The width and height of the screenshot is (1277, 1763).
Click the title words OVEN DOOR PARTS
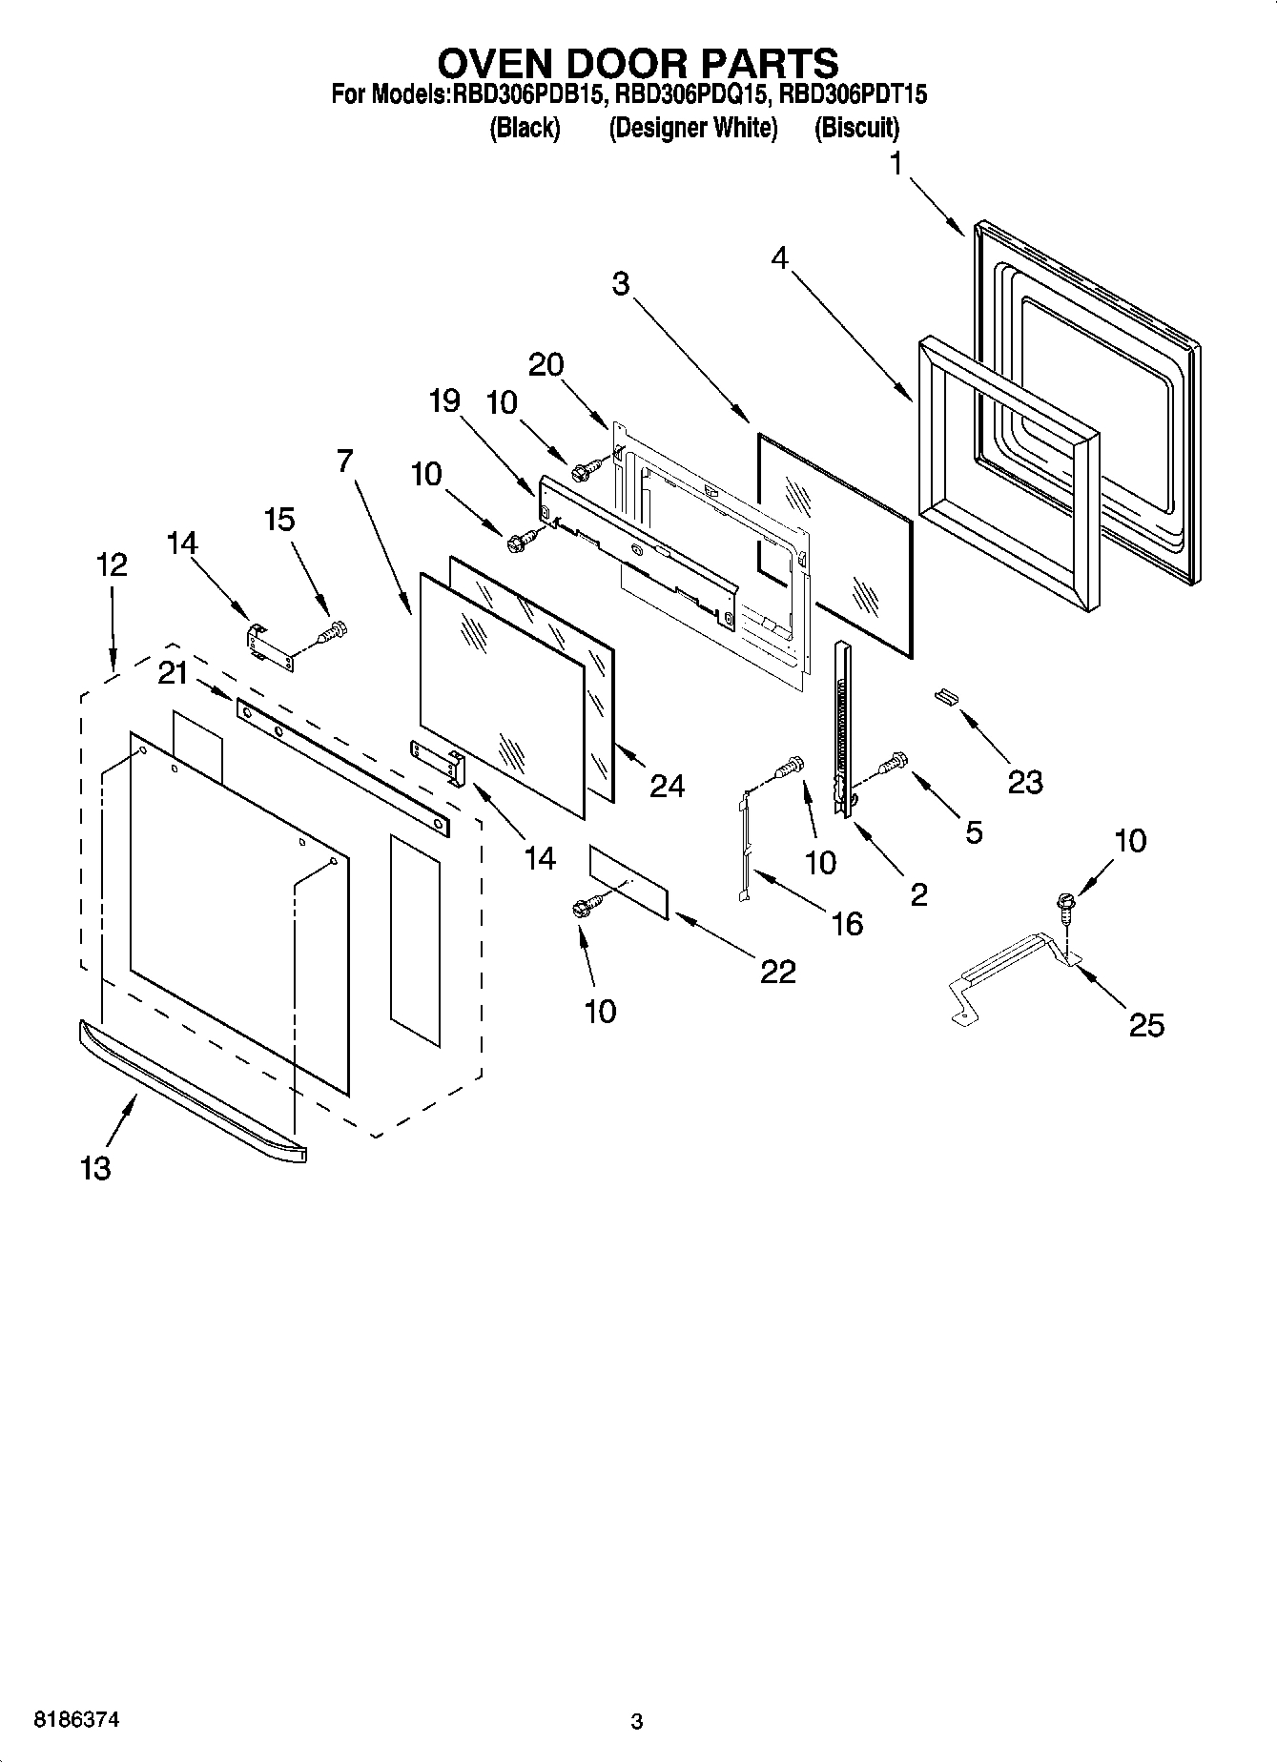coord(637,63)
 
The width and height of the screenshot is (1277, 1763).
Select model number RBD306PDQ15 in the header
coord(691,95)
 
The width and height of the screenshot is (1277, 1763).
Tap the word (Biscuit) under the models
coord(855,128)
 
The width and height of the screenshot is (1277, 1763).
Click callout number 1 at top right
coord(895,165)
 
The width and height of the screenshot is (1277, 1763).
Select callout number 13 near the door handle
coord(96,1167)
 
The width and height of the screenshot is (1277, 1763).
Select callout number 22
coord(777,971)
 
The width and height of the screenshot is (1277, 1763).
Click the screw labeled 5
coord(896,762)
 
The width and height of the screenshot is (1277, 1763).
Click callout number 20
coord(546,364)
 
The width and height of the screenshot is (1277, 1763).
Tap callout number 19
coord(444,401)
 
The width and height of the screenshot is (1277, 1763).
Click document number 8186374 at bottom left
coord(76,1720)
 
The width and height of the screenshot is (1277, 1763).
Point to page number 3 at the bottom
coord(637,1722)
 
